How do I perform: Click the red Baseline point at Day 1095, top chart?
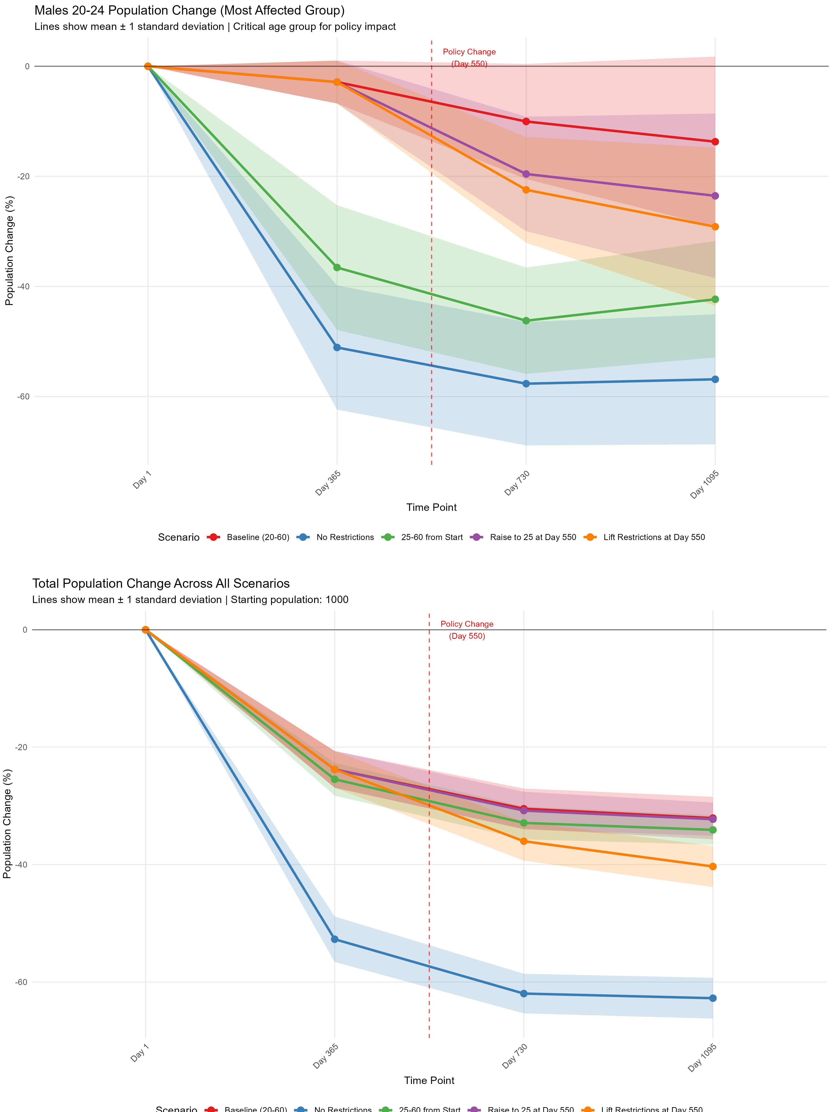tap(715, 142)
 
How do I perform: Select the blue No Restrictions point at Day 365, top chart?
tap(337, 347)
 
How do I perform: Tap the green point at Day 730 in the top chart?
tap(526, 321)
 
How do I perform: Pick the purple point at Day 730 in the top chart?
tap(526, 174)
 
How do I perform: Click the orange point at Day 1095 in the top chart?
tap(715, 227)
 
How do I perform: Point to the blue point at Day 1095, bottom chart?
tap(713, 998)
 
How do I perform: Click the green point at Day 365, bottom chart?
tap(335, 779)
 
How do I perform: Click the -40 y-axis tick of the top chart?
tap(23, 287)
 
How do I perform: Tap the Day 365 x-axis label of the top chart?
tap(328, 483)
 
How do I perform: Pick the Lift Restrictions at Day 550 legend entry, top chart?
tap(654, 537)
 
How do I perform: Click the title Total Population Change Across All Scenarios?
tap(161, 584)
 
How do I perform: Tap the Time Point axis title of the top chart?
tap(431, 507)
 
